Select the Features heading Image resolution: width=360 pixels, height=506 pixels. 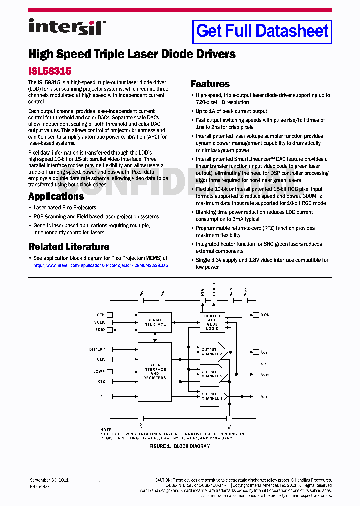click(210, 84)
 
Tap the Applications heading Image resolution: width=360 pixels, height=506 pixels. click(56, 196)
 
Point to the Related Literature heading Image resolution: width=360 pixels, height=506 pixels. click(69, 247)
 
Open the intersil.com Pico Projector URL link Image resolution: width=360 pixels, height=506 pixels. click(100, 265)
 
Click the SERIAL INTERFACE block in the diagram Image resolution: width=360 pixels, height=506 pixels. click(155, 322)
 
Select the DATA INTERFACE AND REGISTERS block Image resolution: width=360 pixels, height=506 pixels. click(155, 371)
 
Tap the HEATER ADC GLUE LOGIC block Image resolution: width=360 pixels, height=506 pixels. click(212, 322)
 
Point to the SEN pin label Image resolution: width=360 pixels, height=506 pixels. click(101, 315)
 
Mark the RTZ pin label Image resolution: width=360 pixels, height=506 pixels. click(101, 381)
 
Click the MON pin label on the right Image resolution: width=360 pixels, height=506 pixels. click(265, 315)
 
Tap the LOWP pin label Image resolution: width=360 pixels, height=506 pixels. click(99, 371)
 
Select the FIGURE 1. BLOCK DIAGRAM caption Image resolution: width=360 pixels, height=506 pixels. click(180, 446)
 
